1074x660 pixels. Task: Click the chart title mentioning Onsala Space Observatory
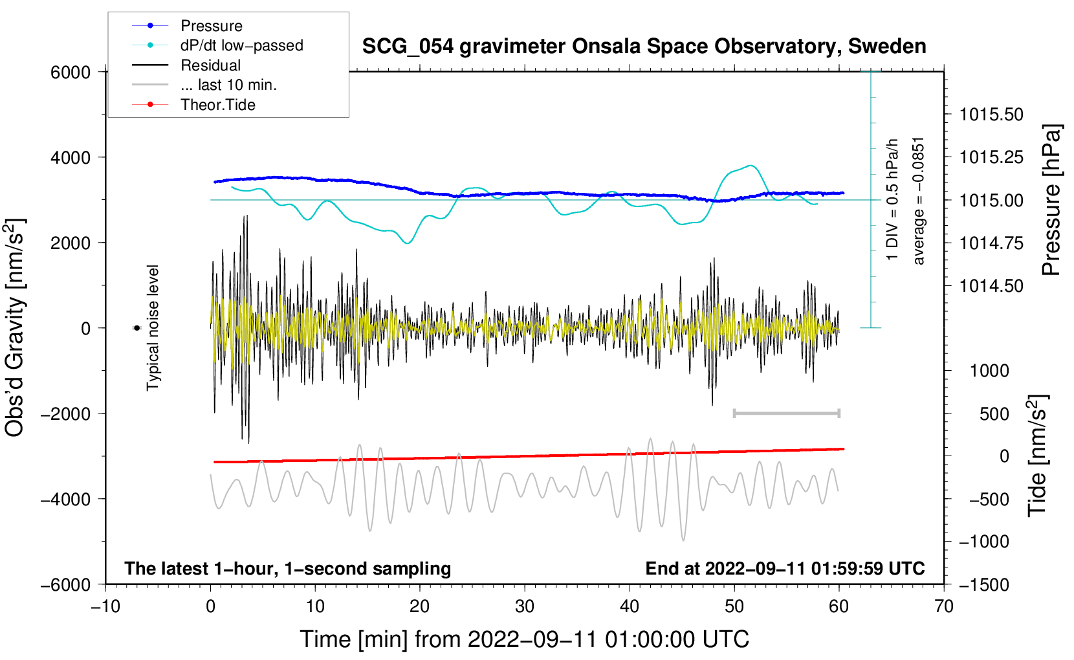coord(644,47)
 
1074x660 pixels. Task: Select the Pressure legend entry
coord(211,26)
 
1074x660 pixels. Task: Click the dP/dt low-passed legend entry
coord(241,45)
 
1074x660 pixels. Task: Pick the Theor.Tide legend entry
coord(217,105)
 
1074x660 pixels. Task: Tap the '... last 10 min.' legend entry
coord(228,85)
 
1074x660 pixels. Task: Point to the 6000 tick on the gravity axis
coord(71,72)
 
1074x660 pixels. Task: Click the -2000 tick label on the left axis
coord(65,414)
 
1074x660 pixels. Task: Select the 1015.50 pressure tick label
coord(991,115)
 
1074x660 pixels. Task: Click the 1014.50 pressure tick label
coord(991,286)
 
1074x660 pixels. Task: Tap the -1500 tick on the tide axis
coord(983,585)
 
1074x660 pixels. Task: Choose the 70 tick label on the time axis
coord(944,606)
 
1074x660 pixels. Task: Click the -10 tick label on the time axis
coord(105,606)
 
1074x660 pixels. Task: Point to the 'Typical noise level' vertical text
coord(153,327)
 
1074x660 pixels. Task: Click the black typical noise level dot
coord(137,328)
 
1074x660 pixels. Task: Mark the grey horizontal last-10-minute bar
coord(786,413)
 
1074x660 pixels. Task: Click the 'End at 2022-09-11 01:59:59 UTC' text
coord(785,569)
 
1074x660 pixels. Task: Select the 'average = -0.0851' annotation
coord(919,201)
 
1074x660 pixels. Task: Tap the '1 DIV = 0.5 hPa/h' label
coord(893,199)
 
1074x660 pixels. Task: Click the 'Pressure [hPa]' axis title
coord(1052,200)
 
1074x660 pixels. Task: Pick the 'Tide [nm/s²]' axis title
coord(1037,456)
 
